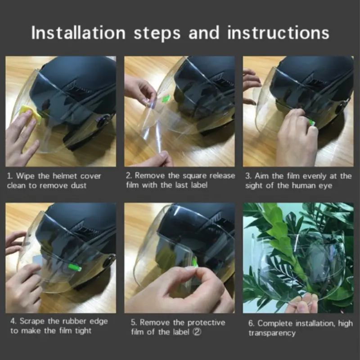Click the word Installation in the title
click(78, 32)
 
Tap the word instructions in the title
click(278, 32)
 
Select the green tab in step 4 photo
click(75, 267)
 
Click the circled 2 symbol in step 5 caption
click(197, 332)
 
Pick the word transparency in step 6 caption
click(272, 333)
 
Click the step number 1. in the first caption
click(10, 176)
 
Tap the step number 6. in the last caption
click(251, 324)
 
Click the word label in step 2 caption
click(199, 185)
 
